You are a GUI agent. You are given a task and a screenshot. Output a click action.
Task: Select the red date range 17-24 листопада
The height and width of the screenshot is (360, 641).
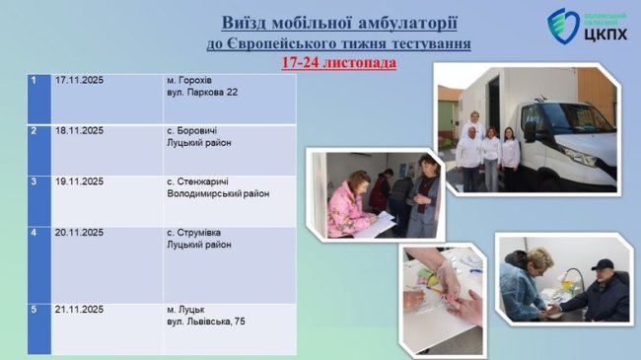click(338, 62)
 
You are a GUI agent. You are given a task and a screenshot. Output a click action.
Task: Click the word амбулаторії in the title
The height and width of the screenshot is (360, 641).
click(405, 22)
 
